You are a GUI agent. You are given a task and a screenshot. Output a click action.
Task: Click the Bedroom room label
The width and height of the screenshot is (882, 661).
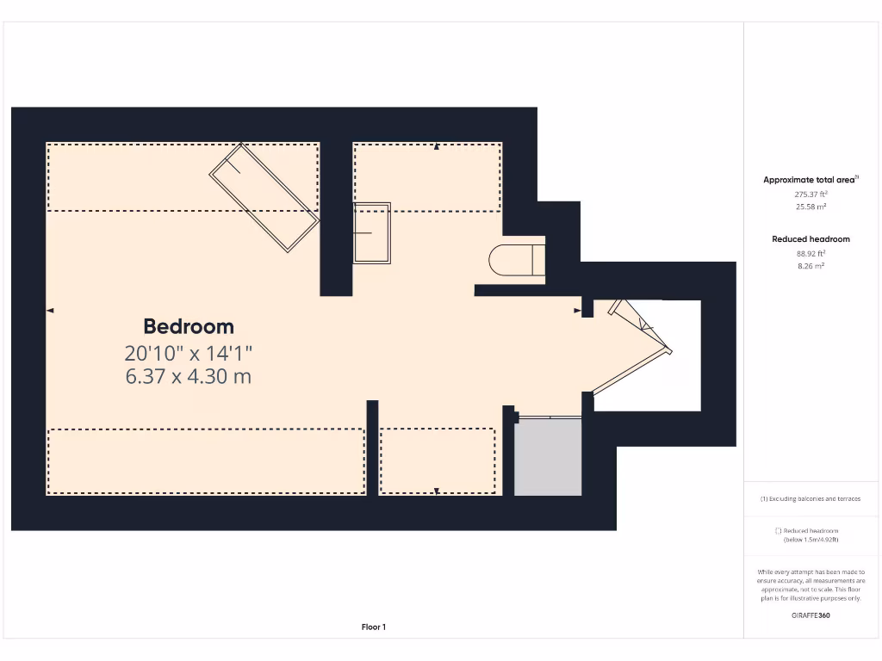coord(189,327)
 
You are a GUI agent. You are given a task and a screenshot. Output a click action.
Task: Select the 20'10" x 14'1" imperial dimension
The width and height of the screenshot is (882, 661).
coord(189,353)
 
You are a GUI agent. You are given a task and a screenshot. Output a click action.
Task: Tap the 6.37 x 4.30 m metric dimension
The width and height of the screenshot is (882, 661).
coord(189,376)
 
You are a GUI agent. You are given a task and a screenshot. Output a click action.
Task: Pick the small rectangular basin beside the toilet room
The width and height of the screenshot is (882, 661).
coord(372,232)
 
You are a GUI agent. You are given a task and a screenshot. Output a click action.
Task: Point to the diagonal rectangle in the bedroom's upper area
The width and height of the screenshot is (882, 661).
coord(264,197)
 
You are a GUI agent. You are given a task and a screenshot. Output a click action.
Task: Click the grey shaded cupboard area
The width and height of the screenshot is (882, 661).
coord(548,457)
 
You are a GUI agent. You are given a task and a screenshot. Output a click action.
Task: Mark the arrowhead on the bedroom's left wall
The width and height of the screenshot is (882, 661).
coord(51,310)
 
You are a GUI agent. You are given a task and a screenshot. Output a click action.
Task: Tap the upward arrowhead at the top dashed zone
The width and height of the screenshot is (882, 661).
coord(437,148)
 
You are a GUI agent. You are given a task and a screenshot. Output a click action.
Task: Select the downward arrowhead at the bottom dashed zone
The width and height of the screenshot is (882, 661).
coord(437,491)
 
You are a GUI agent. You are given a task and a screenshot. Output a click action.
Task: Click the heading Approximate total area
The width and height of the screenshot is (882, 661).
coord(810,180)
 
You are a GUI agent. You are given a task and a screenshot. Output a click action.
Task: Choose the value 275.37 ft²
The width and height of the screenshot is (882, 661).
coord(811,195)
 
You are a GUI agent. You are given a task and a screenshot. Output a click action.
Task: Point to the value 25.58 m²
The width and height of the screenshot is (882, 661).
coord(811,207)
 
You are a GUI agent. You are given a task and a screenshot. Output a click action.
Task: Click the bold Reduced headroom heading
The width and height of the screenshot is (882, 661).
coord(811,239)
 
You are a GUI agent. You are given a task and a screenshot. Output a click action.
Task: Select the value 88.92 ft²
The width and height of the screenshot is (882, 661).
coord(811,254)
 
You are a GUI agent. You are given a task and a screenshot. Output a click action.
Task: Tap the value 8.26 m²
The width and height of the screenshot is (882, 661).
coord(811,266)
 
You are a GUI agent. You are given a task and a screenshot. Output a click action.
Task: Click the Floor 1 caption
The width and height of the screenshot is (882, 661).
coord(374,627)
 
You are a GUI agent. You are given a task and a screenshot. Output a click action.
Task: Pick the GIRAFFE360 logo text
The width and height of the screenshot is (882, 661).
coord(811,615)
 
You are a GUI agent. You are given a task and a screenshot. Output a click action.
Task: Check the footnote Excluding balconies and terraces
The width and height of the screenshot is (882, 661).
coord(811,499)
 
